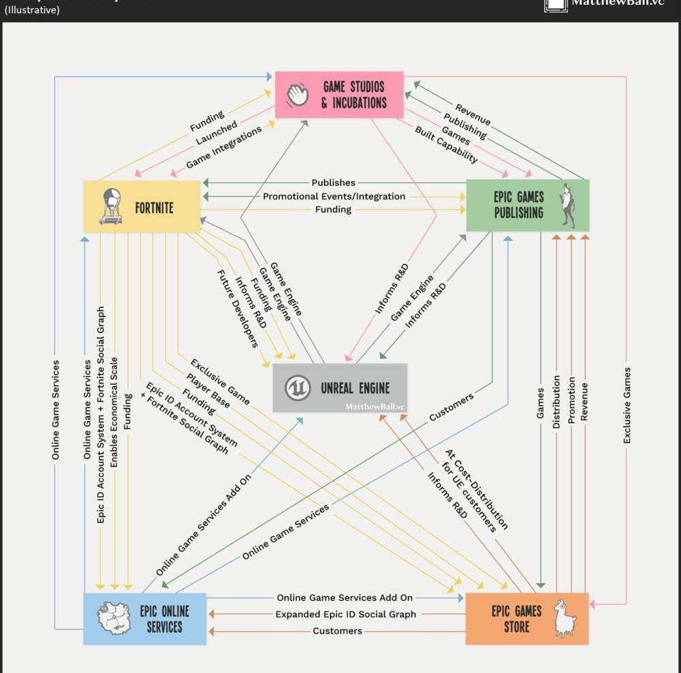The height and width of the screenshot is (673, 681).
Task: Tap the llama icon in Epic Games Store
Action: coord(565,618)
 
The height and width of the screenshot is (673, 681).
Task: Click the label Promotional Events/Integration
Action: coord(334,196)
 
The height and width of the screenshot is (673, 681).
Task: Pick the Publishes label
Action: coord(333,183)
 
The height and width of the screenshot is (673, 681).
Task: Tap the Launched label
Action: coord(217,132)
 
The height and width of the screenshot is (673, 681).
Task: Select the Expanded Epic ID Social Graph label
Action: coord(345,614)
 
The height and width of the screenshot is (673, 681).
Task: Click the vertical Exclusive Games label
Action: coord(627,405)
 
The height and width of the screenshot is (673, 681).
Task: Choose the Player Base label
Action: coord(208,390)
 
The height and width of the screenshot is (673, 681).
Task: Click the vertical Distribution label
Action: coord(556,402)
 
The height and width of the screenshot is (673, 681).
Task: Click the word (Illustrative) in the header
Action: coord(32,10)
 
